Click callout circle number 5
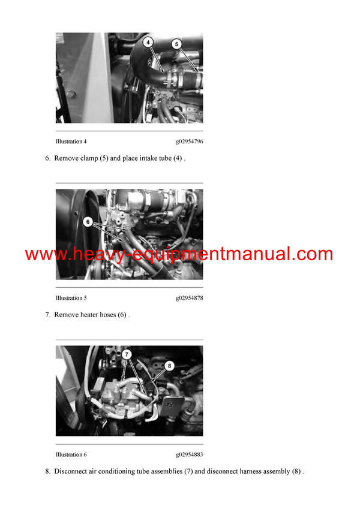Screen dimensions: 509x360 (x=176, y=44)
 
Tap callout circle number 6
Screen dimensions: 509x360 (x=88, y=222)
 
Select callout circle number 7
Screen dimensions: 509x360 (x=127, y=354)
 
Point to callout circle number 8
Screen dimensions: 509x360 (x=169, y=365)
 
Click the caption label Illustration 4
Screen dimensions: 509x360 (x=71, y=141)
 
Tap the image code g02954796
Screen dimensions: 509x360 (x=189, y=141)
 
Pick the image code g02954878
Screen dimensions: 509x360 (x=189, y=298)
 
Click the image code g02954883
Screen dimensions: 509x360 (x=189, y=454)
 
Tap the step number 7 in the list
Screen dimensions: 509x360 (x=47, y=315)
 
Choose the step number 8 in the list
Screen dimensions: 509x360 (x=47, y=471)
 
